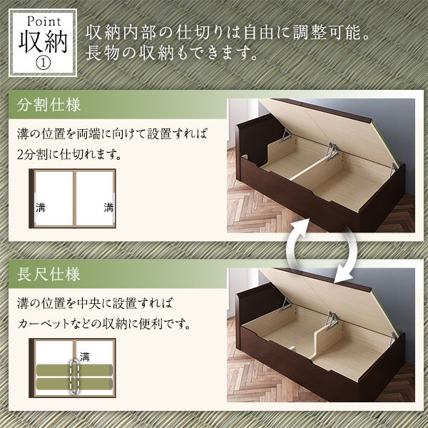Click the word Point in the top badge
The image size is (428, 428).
click(44, 21)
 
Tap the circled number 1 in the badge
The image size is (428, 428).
click(43, 63)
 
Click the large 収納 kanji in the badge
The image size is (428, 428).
click(43, 42)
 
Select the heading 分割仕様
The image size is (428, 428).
click(49, 105)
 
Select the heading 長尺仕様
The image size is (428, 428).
click(49, 275)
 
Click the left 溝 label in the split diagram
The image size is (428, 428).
click(41, 208)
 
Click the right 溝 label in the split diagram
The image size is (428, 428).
click(108, 208)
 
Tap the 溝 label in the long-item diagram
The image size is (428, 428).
click(85, 357)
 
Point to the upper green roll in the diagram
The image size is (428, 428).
click(74, 370)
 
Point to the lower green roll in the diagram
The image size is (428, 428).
click(74, 384)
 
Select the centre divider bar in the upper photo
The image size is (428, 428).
click(308, 168)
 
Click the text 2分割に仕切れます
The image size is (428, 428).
click(69, 155)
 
